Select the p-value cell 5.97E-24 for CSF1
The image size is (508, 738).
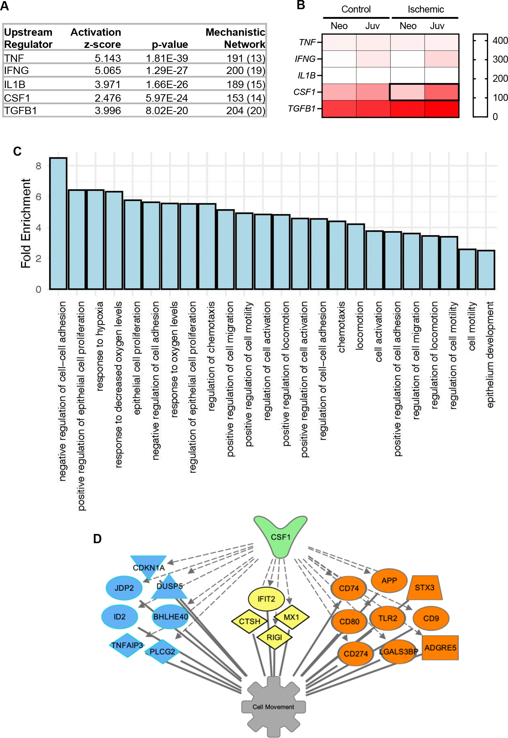167,98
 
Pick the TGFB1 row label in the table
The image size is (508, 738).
20,110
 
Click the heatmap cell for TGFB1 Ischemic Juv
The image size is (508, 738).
441,109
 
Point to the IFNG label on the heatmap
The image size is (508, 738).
305,59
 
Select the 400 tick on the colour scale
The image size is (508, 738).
500,41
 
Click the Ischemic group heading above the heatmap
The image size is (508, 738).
425,10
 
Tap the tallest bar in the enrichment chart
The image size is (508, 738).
58,223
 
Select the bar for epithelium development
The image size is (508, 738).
486,270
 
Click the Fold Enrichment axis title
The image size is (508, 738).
26,223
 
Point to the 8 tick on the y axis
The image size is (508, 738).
38,166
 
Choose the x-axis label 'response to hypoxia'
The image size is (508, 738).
100,346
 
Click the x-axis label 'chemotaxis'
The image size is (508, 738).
341,327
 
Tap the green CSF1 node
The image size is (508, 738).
280,537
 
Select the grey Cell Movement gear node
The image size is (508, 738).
273,706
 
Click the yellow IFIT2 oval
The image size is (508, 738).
266,599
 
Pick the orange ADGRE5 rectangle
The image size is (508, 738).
440,647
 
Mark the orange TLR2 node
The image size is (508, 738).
387,618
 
